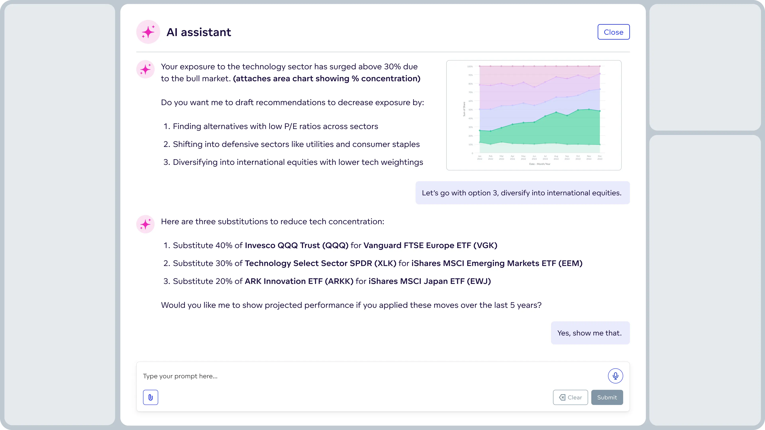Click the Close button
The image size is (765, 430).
(613, 32)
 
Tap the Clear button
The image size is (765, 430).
(570, 397)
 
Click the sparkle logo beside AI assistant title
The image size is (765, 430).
(148, 32)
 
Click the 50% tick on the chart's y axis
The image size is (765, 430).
(470, 110)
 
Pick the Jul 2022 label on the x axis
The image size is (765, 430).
(545, 157)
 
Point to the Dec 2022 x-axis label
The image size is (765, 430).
(600, 157)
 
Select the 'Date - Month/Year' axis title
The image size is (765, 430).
(540, 164)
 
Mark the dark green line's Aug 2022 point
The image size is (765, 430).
(556, 112)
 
